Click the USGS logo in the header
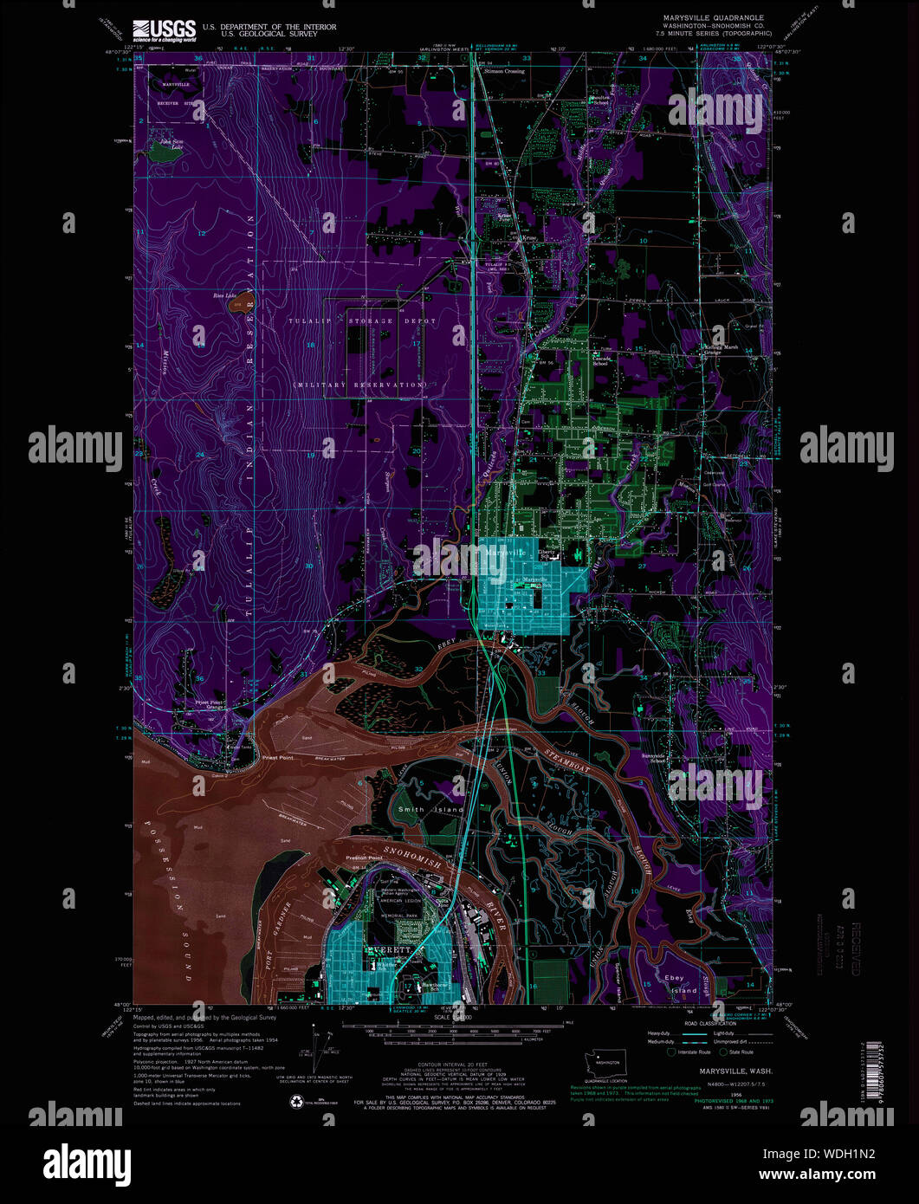click(x=164, y=31)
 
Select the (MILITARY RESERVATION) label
click(x=359, y=384)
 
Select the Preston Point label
click(x=364, y=858)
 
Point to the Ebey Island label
click(x=674, y=984)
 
